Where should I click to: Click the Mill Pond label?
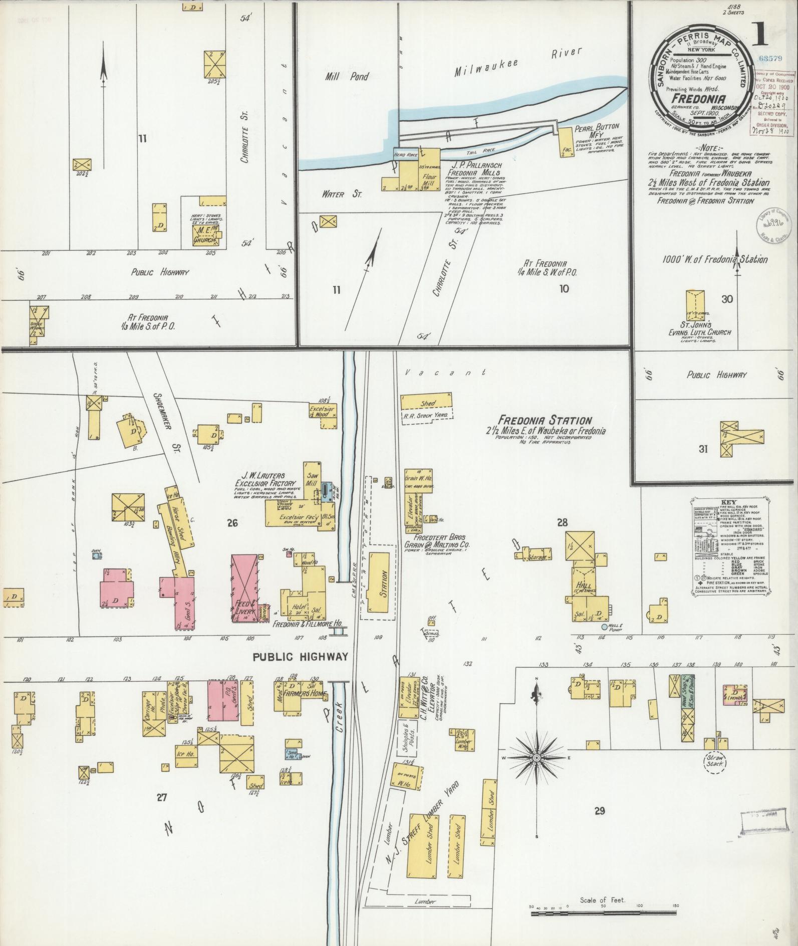346,77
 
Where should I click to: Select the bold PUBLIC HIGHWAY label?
300,657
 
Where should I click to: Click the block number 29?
600,811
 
